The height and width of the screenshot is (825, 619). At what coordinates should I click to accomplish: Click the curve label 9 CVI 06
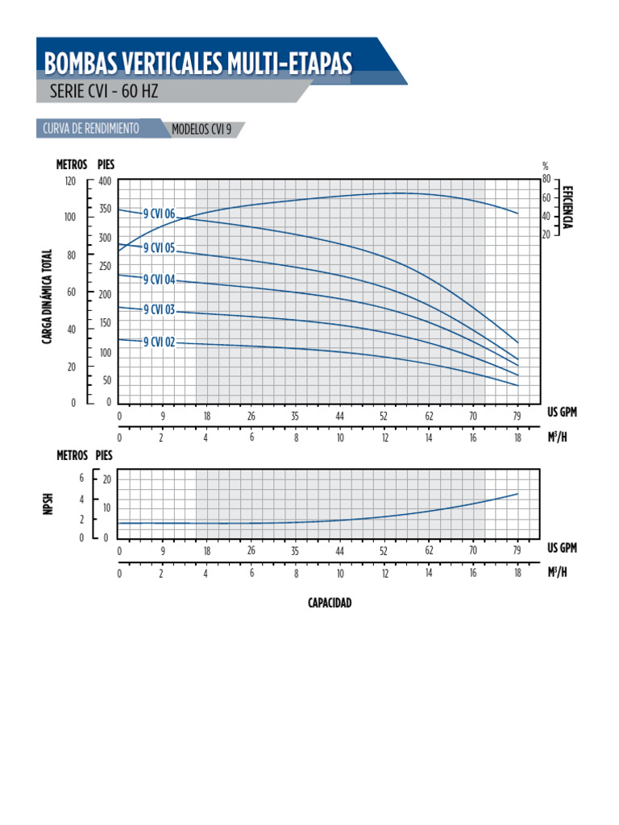coord(159,214)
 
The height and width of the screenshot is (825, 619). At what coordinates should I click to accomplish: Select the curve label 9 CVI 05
coord(159,248)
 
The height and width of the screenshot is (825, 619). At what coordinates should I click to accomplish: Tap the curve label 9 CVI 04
coord(159,280)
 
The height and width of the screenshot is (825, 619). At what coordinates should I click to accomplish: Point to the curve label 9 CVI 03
coord(159,309)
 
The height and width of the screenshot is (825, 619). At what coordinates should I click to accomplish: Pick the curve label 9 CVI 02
coord(159,342)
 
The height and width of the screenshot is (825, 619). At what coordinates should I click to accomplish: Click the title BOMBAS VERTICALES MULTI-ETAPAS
coord(197,64)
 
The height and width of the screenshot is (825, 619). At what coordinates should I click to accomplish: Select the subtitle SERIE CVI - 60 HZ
coord(104,91)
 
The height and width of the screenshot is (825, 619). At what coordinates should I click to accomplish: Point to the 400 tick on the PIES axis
coord(104,181)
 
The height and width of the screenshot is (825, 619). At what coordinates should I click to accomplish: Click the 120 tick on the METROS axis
coord(70,181)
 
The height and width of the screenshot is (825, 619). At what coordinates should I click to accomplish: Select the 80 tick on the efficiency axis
coord(546,179)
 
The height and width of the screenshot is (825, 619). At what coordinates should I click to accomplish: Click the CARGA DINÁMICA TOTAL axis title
coord(48,296)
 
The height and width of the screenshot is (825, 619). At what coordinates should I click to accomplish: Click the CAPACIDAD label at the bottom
coord(330,603)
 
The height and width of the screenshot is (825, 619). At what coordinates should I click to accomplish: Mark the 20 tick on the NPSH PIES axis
coord(106,479)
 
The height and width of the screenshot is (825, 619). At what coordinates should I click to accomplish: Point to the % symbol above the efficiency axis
coord(546,167)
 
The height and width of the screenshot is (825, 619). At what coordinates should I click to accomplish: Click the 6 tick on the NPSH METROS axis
coord(81,479)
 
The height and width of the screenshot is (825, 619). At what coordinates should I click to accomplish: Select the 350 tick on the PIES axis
coord(104,209)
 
